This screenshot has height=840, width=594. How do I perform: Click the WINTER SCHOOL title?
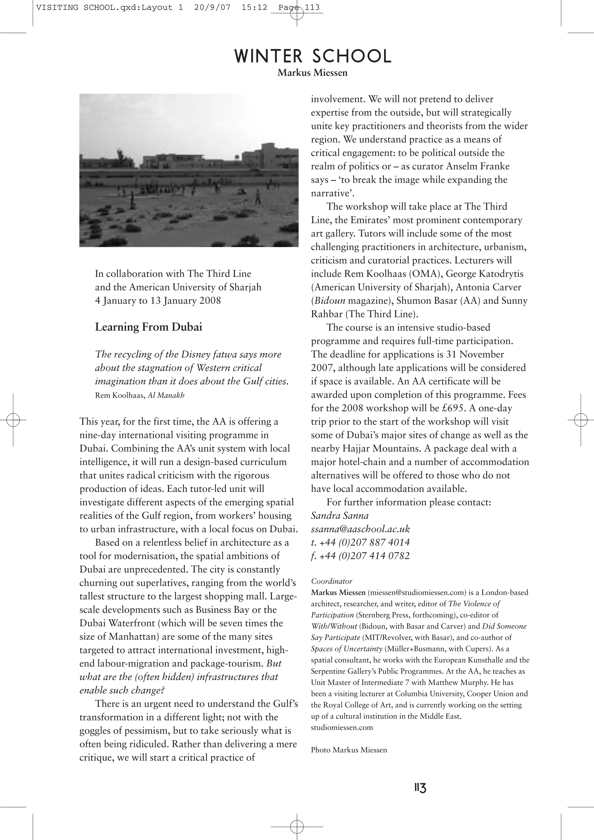[x=312, y=56]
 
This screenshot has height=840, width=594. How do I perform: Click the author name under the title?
[x=312, y=73]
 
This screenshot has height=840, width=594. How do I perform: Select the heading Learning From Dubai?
[x=148, y=327]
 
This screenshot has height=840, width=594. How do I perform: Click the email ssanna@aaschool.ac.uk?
[x=360, y=529]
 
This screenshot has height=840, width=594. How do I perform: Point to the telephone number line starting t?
[x=360, y=542]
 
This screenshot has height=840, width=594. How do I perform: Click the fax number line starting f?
[x=360, y=556]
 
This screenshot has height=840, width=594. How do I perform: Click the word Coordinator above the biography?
[x=332, y=581]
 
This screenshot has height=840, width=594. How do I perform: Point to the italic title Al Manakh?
[x=166, y=395]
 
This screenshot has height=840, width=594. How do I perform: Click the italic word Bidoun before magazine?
[x=329, y=301]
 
